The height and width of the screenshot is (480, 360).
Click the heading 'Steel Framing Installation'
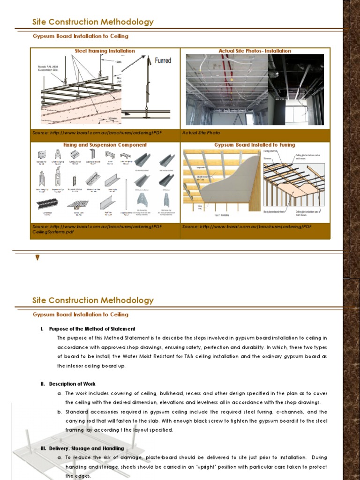105,51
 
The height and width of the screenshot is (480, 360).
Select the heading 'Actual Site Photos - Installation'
255,51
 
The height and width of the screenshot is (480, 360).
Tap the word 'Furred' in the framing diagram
163,60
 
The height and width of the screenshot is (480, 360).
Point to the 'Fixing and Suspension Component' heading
105,145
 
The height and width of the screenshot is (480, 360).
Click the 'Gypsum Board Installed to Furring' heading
255,145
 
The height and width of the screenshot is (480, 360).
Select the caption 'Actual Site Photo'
201,133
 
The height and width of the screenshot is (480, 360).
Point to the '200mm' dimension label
113,119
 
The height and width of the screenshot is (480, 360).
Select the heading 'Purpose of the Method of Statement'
92,329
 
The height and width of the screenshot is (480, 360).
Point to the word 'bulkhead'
164,393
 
